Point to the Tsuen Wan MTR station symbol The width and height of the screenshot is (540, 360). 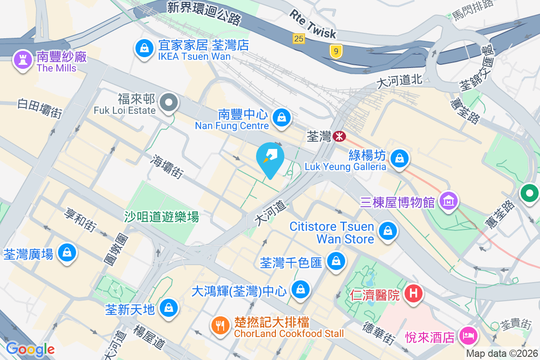339,135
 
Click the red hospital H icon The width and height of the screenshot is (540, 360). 414,294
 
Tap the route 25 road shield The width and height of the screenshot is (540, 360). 299,39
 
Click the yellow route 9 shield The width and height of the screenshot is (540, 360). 335,52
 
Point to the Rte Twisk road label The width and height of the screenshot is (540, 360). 313,24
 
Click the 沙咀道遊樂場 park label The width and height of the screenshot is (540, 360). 162,217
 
